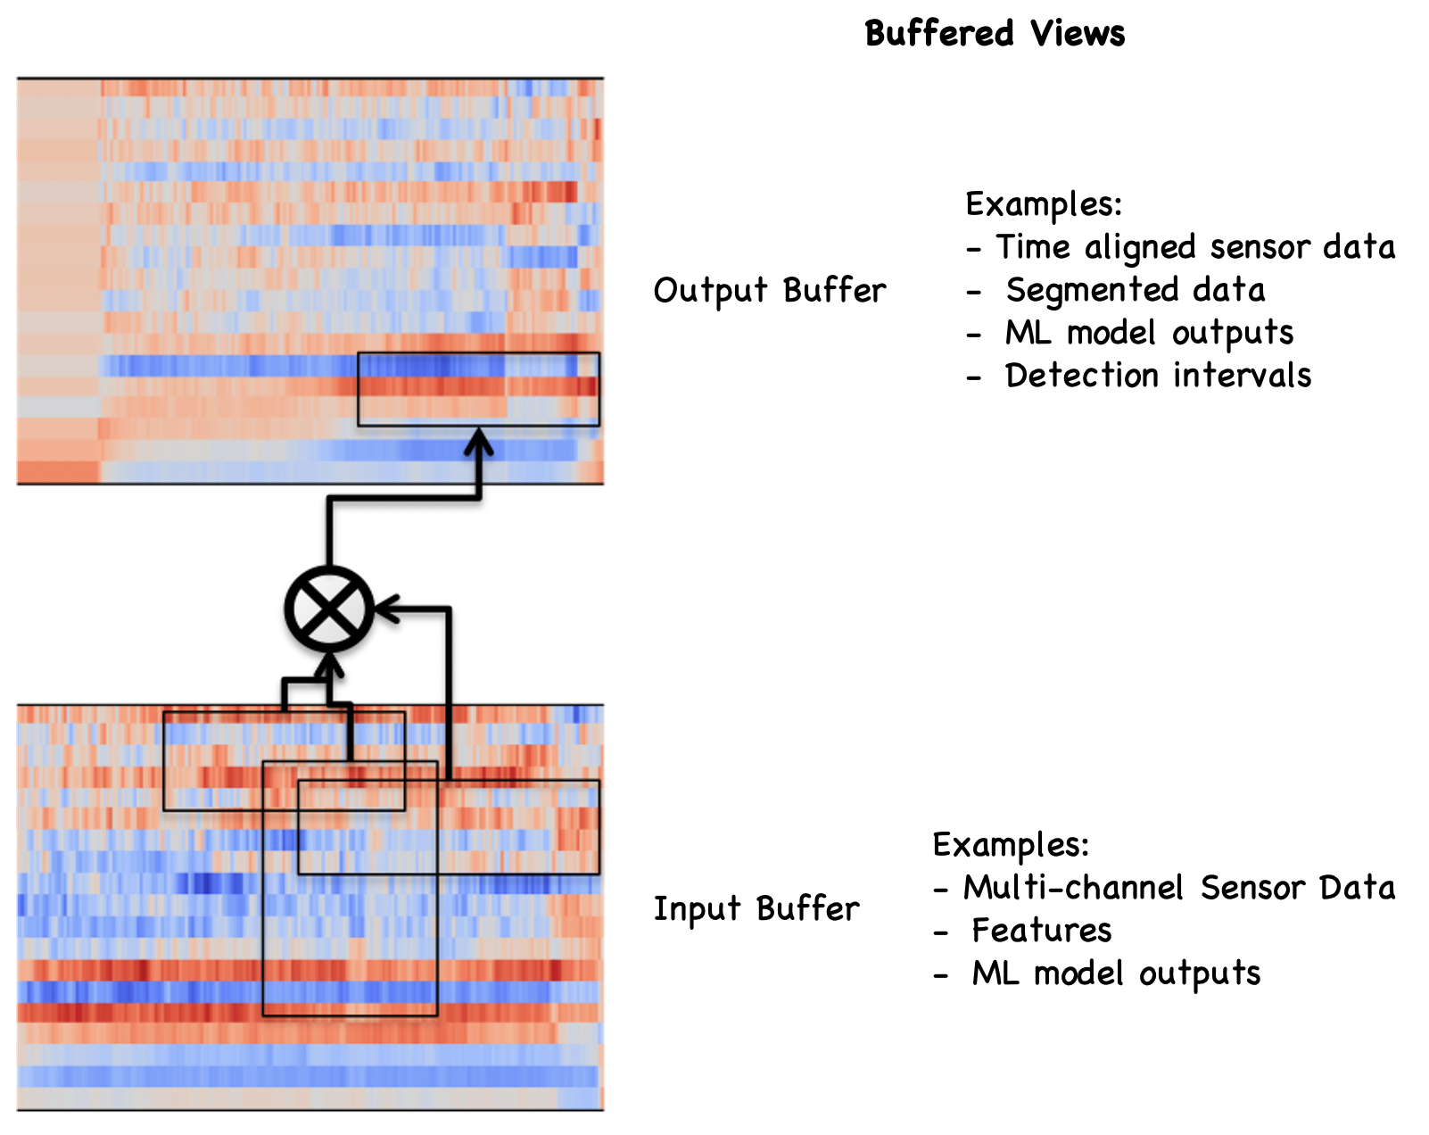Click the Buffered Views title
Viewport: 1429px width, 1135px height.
coord(995,33)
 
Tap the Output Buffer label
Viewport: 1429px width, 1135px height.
coord(770,290)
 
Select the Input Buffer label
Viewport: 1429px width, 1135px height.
coord(756,908)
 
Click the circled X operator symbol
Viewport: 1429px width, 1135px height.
coord(329,609)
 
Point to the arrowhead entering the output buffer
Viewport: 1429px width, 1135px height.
coord(478,442)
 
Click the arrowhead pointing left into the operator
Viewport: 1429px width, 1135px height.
coord(387,609)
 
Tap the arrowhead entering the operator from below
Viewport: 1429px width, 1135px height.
coord(329,666)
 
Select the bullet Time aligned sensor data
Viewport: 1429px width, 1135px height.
coord(1181,247)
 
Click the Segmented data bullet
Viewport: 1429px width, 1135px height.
coord(1116,290)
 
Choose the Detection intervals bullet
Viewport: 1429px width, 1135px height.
coord(1139,376)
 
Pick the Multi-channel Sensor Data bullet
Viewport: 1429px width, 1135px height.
coord(1164,888)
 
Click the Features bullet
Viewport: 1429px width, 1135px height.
coord(1022,931)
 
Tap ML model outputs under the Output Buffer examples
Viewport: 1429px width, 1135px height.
coord(1130,333)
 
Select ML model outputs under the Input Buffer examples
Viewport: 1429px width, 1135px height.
coord(1096,973)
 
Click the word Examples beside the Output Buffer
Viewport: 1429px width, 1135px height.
coord(1043,204)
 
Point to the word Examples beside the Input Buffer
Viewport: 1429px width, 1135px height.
coord(1011,845)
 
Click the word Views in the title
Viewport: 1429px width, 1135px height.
coord(1078,33)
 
